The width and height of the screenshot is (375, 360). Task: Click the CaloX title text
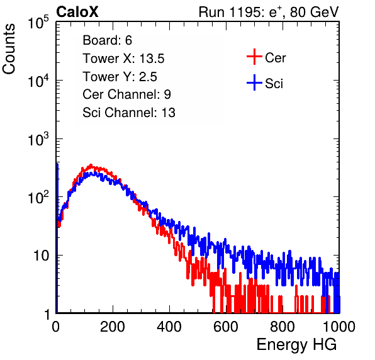(77, 12)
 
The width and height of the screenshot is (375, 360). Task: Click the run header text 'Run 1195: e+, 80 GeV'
(269, 12)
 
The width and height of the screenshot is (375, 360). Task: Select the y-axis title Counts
(9, 49)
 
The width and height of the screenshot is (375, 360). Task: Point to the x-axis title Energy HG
(296, 345)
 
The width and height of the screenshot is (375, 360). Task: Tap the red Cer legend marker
(254, 57)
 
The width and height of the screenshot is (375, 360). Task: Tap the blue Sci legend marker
(254, 83)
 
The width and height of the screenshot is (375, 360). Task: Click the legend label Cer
(275, 58)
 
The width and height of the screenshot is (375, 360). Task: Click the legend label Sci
(274, 84)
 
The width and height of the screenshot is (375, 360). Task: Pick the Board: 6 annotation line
(108, 40)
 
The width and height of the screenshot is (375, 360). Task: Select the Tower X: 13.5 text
(123, 59)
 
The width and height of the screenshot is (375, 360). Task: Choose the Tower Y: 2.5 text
(120, 77)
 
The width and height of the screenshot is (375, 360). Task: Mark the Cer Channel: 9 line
(126, 94)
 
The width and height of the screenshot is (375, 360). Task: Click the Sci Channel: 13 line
(129, 113)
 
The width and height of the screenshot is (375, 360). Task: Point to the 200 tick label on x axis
(113, 327)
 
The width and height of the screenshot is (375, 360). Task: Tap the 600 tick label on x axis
(226, 327)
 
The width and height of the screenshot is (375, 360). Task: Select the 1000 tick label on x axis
(339, 327)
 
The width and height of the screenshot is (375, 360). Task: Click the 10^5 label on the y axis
(38, 23)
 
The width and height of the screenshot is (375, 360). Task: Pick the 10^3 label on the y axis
(38, 139)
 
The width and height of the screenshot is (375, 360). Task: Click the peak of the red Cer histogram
(91, 164)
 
